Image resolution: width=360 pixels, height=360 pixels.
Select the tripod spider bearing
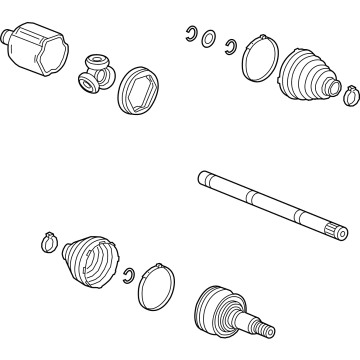pyautogui.click(x=97, y=71)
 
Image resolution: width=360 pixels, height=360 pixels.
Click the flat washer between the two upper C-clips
pyautogui.click(x=209, y=40)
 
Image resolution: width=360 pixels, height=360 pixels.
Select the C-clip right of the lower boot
pyautogui.click(x=128, y=274)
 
